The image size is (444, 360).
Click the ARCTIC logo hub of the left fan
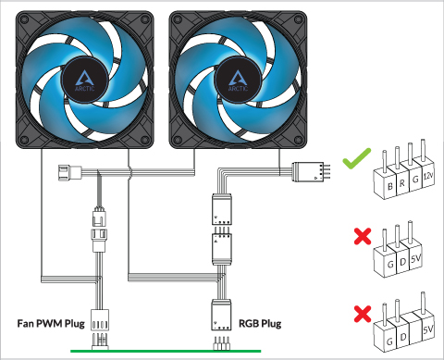[85, 80]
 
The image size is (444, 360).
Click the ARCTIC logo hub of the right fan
[238, 80]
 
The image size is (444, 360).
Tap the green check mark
[356, 158]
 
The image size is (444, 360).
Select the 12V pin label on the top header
[428, 176]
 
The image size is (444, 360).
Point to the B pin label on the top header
[390, 186]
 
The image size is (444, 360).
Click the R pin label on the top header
[402, 183]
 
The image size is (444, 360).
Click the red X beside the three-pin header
[363, 236]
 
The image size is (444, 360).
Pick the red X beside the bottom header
[363, 314]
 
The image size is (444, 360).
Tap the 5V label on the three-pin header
[415, 258]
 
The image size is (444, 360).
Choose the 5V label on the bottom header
[428, 329]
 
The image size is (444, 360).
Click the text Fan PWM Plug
[51, 324]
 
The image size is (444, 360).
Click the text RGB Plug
[260, 324]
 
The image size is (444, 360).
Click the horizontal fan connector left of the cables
[70, 172]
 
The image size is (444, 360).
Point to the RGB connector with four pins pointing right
[311, 171]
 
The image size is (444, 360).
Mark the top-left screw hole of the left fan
[24, 19]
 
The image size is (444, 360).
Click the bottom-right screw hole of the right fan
[298, 141]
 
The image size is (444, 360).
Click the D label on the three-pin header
[402, 262]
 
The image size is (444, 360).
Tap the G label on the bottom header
[389, 341]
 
